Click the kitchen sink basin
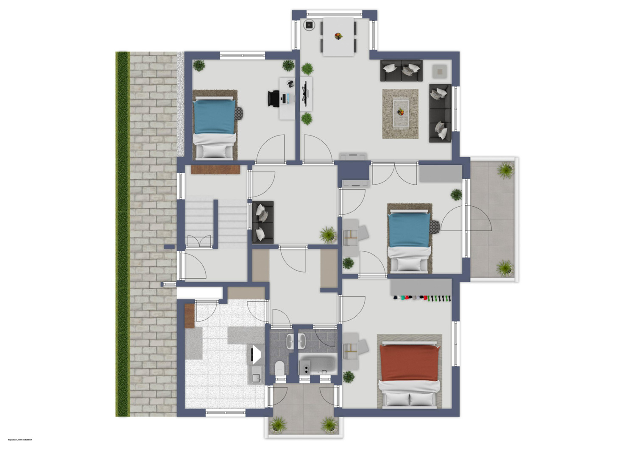pos(256,374)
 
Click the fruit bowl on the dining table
pos(338,36)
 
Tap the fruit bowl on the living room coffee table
pos(400,112)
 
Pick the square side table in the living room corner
pos(439,72)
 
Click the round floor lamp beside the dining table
pos(309,25)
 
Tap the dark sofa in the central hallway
pos(263,222)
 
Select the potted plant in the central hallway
pos(328,234)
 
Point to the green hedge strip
pos(123,233)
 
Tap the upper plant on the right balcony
pos(505,170)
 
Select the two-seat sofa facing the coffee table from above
pos(401,70)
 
